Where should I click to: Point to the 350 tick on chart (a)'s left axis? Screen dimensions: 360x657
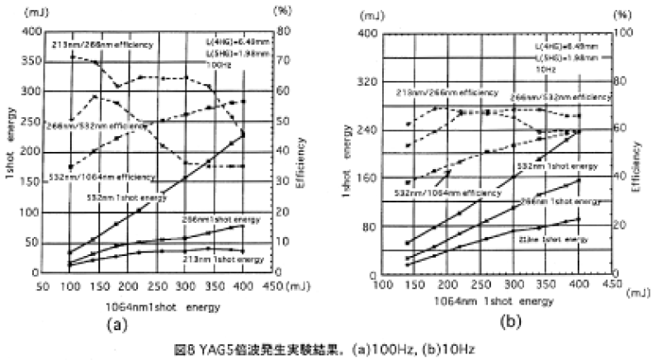(31, 62)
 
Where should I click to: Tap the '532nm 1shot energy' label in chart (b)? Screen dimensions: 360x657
(548, 166)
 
